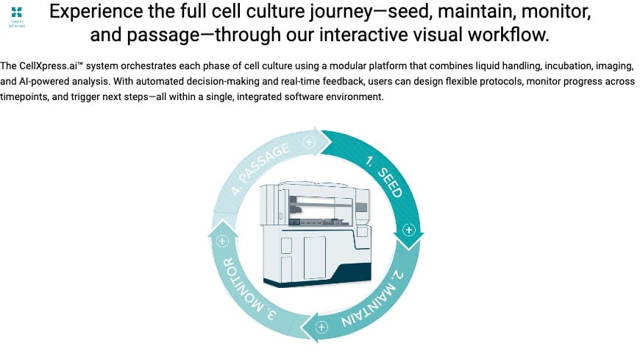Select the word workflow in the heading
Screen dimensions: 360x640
516,35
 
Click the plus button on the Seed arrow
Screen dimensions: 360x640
410,230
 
